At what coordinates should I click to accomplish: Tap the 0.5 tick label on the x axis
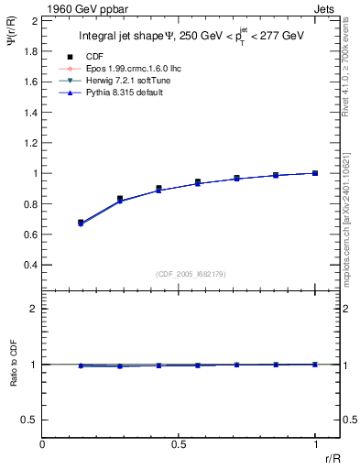[179, 444]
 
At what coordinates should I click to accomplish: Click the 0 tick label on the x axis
[43, 444]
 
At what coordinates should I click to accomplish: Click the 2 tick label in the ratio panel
[33, 309]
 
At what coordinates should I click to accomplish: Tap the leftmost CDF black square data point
[81, 223]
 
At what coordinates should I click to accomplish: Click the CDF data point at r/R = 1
[315, 173]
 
